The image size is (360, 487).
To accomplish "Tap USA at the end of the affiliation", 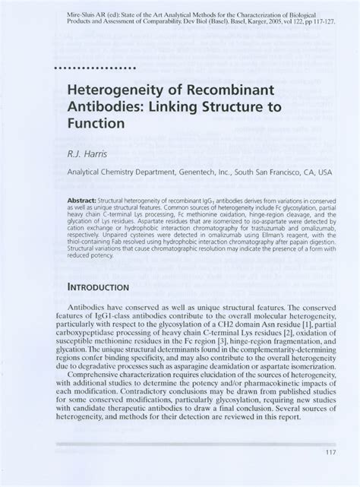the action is [324, 172].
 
